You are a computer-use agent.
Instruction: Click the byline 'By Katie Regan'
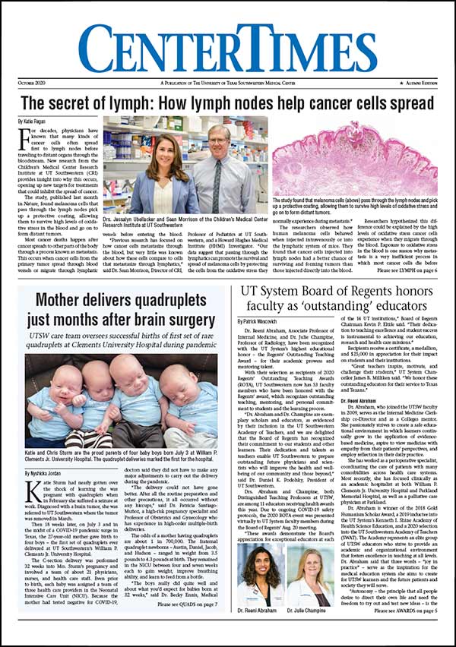pyautogui.click(x=33, y=122)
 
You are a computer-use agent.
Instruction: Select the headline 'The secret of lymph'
pyautogui.click(x=228, y=103)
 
